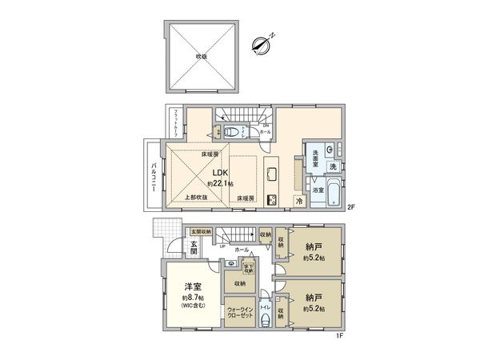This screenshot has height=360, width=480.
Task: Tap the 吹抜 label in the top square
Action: click(202, 57)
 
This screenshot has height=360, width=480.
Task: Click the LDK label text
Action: click(219, 172)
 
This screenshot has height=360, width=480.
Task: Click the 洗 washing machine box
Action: click(332, 166)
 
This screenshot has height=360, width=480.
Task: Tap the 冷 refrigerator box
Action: click(299, 202)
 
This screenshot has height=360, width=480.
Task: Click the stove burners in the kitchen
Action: click(272, 199)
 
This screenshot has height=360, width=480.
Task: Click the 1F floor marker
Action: click(339, 337)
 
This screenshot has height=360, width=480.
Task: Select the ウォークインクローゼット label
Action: click(240, 312)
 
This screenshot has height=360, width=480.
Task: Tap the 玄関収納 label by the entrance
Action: click(201, 232)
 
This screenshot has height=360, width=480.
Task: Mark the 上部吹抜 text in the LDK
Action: click(195, 197)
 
